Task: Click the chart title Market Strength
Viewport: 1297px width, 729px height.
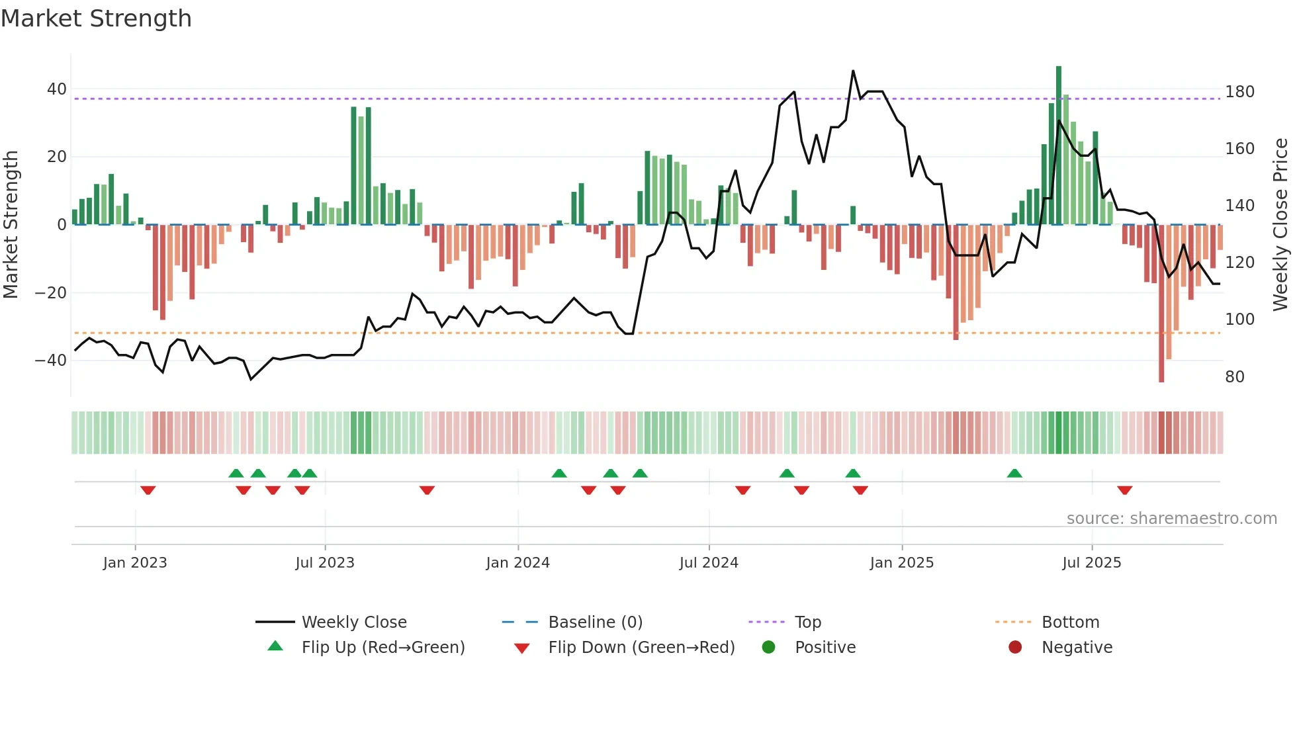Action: pyautogui.click(x=97, y=19)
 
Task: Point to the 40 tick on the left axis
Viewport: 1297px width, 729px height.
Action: pyautogui.click(x=57, y=89)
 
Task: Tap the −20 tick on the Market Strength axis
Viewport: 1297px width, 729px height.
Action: pyautogui.click(x=51, y=292)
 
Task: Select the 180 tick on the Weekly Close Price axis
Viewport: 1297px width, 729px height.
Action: pyautogui.click(x=1239, y=92)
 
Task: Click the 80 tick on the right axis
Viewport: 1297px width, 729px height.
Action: pyautogui.click(x=1235, y=377)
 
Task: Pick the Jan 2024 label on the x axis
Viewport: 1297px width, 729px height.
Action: pyautogui.click(x=517, y=563)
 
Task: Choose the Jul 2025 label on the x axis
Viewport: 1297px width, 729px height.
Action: pyautogui.click(x=1092, y=563)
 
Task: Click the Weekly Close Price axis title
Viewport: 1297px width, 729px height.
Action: pyautogui.click(x=1281, y=225)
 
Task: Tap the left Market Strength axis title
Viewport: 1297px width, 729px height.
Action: pyautogui.click(x=11, y=225)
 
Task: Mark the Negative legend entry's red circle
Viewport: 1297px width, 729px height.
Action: pyautogui.click(x=1015, y=647)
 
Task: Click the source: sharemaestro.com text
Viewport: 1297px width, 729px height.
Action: pyautogui.click(x=1171, y=519)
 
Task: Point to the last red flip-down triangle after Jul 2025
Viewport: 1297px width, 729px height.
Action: pyautogui.click(x=1125, y=490)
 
